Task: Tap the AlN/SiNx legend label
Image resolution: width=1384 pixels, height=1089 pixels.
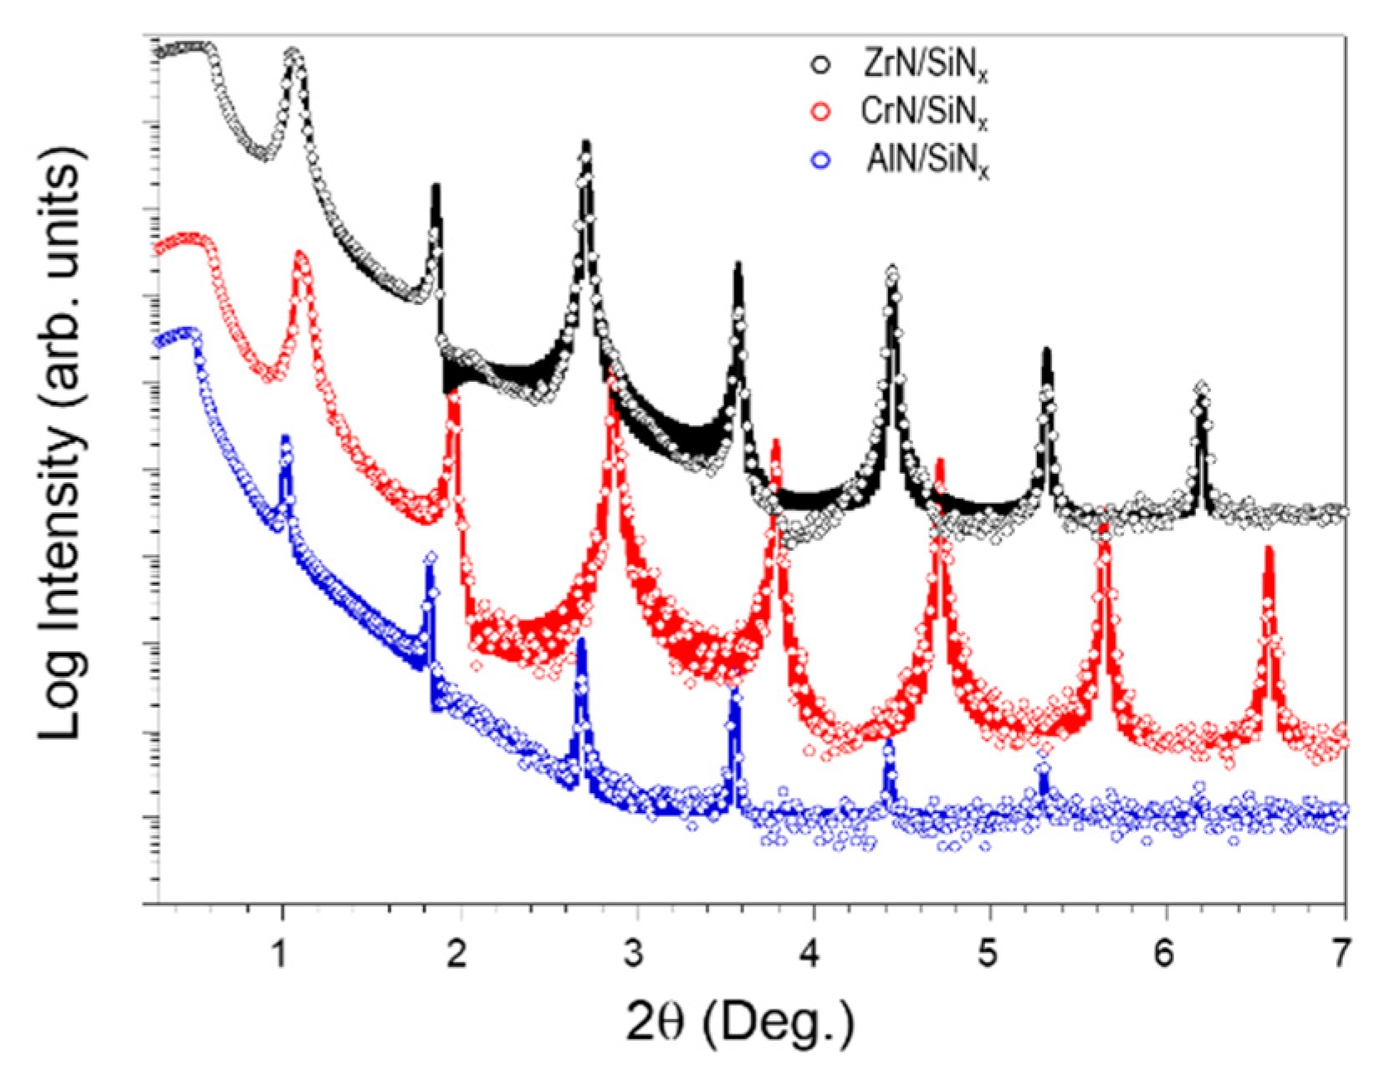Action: (927, 160)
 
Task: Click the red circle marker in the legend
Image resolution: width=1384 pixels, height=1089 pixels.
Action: (822, 112)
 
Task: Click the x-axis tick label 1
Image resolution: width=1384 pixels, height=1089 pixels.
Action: (279, 954)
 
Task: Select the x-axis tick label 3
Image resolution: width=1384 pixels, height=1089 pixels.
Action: (633, 954)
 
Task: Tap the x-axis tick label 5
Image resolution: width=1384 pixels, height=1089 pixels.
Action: (988, 954)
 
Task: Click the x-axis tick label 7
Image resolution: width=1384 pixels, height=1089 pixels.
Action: (1341, 954)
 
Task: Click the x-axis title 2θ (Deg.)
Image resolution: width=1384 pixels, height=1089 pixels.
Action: (741, 1020)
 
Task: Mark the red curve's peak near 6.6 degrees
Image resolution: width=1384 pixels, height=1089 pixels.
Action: (1269, 549)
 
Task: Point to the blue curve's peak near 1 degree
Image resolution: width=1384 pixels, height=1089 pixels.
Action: (285, 438)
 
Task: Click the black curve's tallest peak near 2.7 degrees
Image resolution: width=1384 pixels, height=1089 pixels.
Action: (586, 144)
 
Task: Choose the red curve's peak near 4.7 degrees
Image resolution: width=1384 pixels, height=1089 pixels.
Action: (939, 461)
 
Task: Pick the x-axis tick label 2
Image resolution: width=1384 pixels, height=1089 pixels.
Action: (456, 954)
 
